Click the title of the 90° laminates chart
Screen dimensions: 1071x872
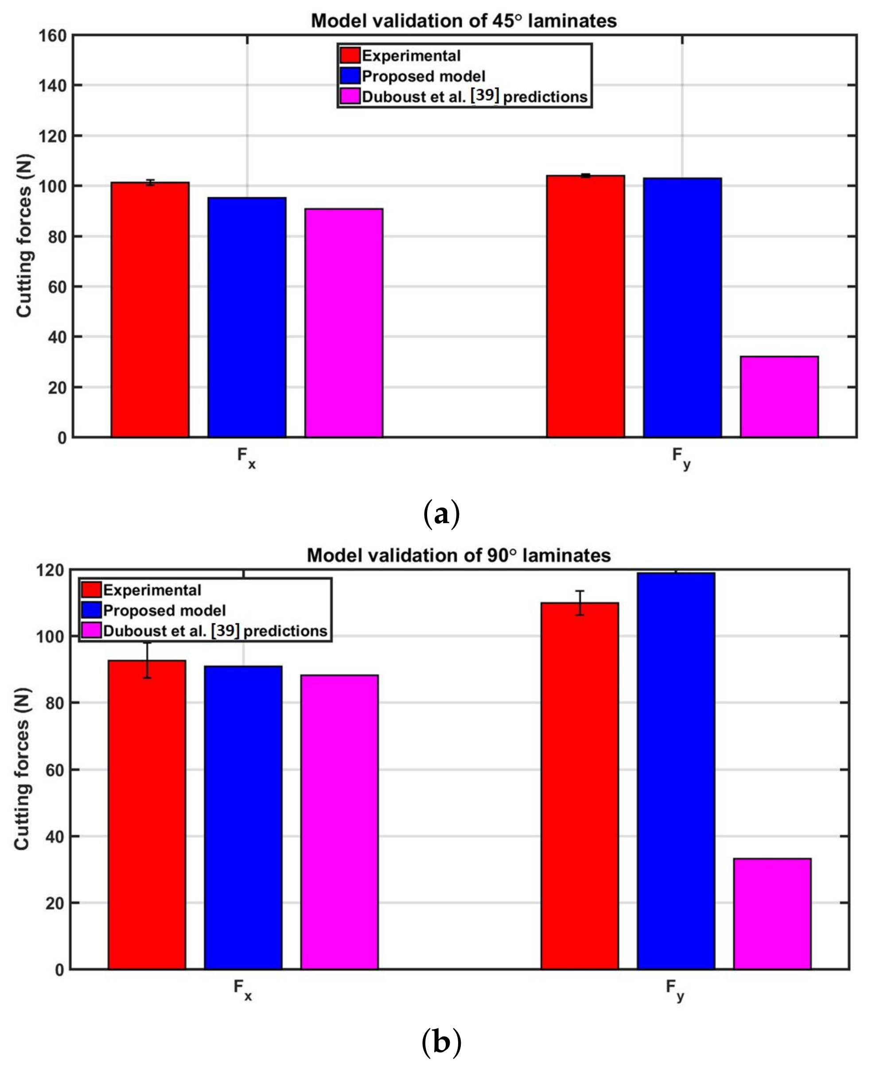(x=459, y=555)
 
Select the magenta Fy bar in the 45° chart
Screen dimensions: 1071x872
(x=779, y=397)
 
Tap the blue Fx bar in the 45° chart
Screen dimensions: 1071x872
(x=247, y=317)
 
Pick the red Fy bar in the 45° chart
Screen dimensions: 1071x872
(x=585, y=307)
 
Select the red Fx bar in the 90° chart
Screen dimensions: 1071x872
(x=147, y=815)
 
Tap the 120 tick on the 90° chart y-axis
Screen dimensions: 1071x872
(x=50, y=571)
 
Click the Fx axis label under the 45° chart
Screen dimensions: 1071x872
(x=246, y=457)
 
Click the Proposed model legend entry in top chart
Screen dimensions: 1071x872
(x=423, y=76)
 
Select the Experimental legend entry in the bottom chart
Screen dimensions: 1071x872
(x=152, y=590)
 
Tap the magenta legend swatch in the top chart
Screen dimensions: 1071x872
(x=350, y=97)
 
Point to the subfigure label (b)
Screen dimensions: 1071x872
(x=441, y=1042)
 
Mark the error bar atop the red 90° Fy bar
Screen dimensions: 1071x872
(x=580, y=602)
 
